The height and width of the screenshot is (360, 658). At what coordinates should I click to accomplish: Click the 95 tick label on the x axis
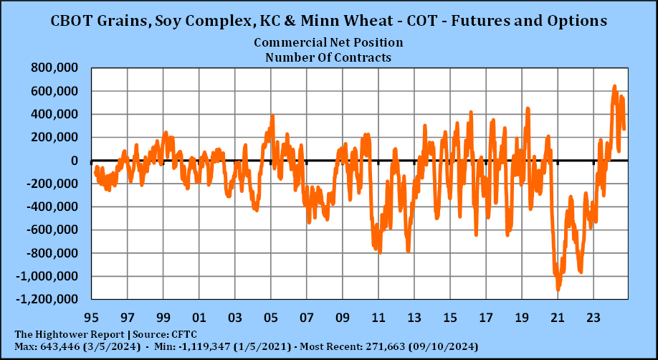click(91, 318)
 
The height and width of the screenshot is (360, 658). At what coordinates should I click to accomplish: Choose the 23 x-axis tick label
click(593, 318)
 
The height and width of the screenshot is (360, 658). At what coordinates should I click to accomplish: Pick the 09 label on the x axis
click(343, 318)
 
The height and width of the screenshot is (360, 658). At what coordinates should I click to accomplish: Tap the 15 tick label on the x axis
click(450, 318)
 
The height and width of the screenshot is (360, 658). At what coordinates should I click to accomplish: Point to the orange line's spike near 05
click(272, 116)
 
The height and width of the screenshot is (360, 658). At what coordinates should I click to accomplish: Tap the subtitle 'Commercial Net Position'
click(328, 43)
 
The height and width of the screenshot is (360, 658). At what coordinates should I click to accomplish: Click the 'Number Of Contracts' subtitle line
click(328, 57)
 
